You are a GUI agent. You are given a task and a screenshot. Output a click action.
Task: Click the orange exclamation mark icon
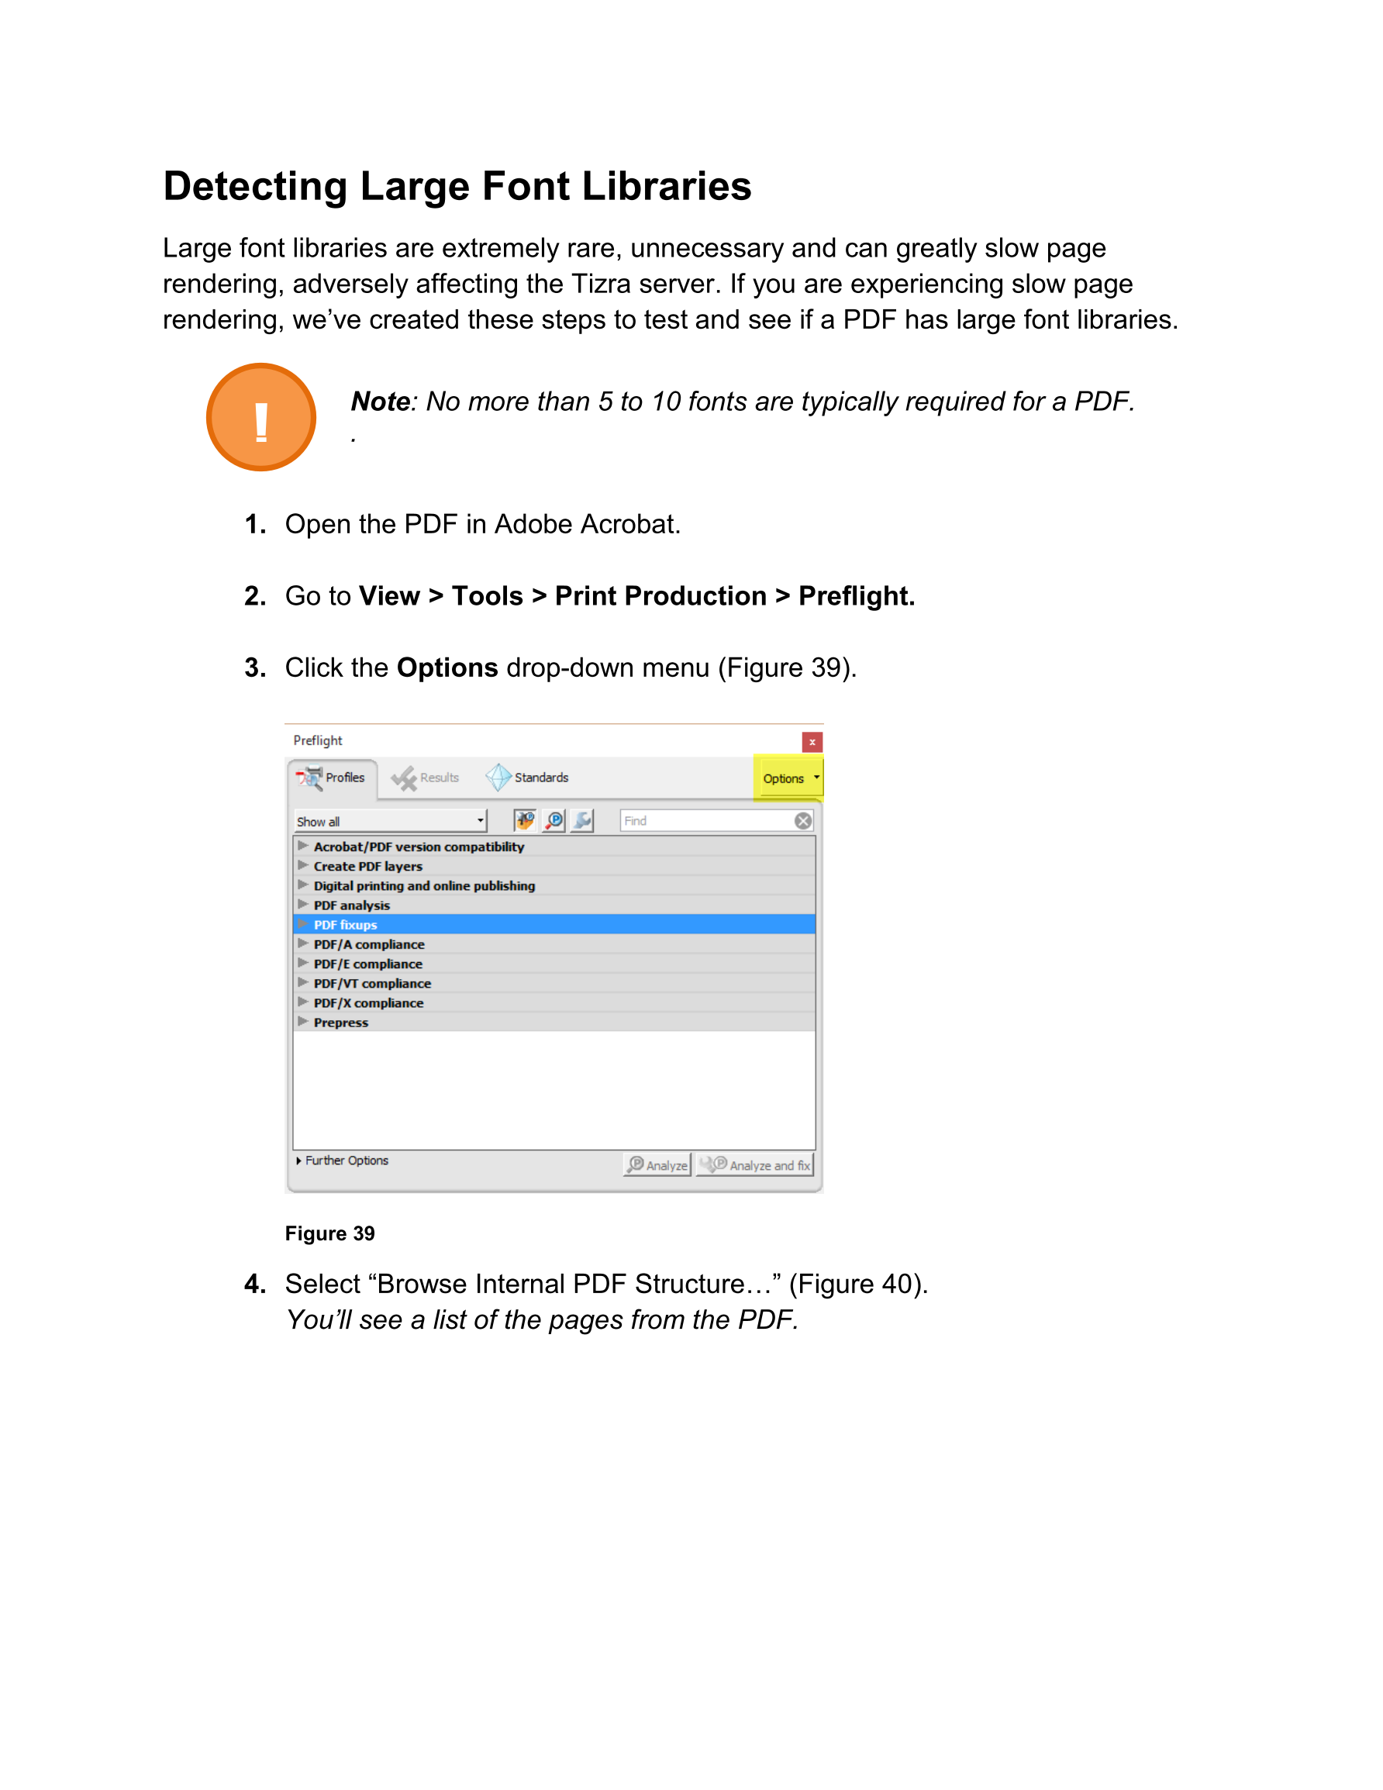(x=260, y=417)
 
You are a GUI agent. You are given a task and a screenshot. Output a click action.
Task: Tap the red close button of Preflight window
(x=812, y=742)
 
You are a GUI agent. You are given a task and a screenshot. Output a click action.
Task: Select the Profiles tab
(x=333, y=778)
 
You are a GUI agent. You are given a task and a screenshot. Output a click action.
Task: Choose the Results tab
(x=426, y=778)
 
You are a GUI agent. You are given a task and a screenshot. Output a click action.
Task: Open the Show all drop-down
(x=390, y=821)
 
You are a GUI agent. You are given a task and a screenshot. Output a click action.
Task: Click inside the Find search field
(x=705, y=821)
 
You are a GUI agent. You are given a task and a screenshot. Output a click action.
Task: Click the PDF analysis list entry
(x=352, y=905)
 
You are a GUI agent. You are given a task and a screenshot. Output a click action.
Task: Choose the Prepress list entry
(x=341, y=1022)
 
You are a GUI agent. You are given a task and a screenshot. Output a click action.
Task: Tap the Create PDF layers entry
(x=368, y=866)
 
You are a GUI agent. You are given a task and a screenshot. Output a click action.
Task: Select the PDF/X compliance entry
(x=369, y=1002)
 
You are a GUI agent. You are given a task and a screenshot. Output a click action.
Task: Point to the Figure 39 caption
(x=329, y=1233)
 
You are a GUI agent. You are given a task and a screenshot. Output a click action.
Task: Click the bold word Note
(x=381, y=402)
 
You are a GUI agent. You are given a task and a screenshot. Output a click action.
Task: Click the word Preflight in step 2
(x=856, y=596)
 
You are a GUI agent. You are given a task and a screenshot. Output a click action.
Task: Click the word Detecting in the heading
(x=255, y=187)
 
